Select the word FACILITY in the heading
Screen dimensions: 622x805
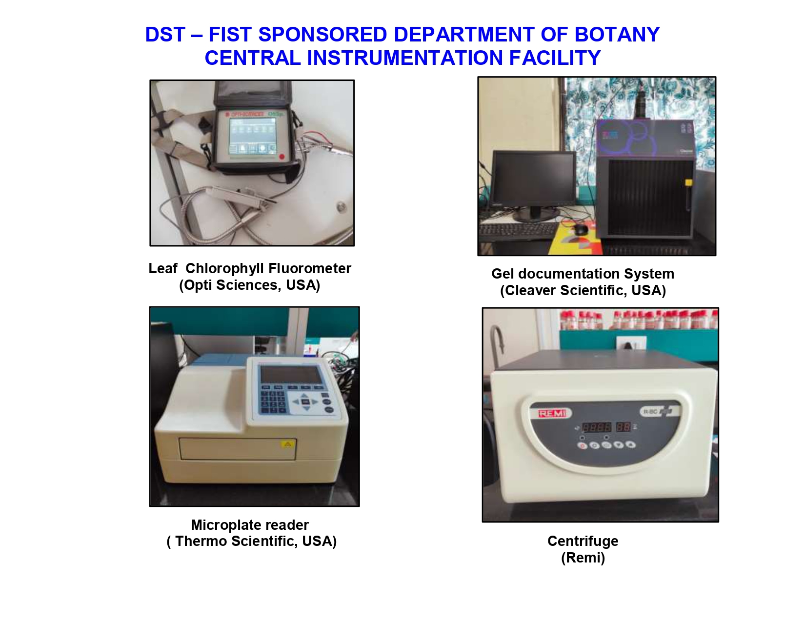tap(555, 58)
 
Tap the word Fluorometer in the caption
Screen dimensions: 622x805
tap(309, 268)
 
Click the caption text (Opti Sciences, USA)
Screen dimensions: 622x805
tap(249, 285)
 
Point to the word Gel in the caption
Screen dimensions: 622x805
tap(503, 274)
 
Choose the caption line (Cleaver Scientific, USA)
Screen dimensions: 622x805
tap(583, 290)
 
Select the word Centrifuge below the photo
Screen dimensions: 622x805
tap(583, 541)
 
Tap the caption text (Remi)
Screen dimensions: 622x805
tap(583, 558)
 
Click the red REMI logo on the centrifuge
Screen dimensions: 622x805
tap(552, 413)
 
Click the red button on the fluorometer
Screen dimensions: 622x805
tap(282, 157)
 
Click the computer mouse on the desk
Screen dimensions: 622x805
tap(580, 229)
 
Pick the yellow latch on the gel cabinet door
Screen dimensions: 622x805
tap(688, 183)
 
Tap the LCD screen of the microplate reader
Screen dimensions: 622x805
tap(291, 375)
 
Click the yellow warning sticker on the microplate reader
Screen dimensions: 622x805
tap(287, 444)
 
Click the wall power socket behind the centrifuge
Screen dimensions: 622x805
tap(630, 344)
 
